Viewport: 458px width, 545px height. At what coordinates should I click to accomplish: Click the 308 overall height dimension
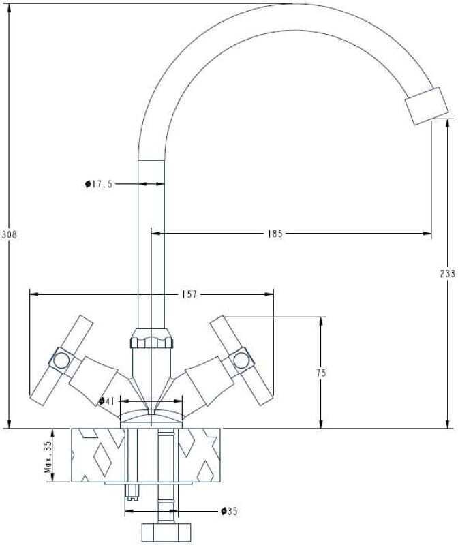tap(9, 235)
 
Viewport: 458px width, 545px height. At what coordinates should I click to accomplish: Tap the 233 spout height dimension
tap(448, 274)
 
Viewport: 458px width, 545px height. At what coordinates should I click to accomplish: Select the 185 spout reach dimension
tap(275, 234)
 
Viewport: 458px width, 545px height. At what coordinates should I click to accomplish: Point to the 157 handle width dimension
tap(189, 294)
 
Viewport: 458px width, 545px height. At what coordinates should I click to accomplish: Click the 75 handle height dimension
tap(321, 373)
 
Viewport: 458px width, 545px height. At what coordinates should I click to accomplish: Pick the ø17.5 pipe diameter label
tap(99, 184)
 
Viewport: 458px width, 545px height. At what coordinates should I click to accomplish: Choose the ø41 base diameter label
tap(107, 401)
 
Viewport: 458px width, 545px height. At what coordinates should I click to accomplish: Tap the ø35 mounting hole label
tap(230, 511)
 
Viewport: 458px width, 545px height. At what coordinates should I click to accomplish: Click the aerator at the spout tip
tap(427, 106)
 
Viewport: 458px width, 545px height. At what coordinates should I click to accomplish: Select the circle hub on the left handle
tap(61, 360)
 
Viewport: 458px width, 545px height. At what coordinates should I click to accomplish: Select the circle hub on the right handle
tap(241, 360)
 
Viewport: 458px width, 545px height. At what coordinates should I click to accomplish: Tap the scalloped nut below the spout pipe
tap(151, 338)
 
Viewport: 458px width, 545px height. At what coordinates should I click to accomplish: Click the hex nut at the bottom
tap(166, 532)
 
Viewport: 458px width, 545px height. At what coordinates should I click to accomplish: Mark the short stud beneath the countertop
tap(132, 491)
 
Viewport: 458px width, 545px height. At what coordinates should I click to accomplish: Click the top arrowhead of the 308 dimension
tap(9, 8)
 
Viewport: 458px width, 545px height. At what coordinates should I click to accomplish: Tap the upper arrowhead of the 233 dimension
tap(448, 123)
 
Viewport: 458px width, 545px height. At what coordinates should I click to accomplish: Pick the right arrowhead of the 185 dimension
tap(427, 234)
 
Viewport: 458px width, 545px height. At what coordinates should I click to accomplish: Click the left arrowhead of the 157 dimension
tap(35, 294)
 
